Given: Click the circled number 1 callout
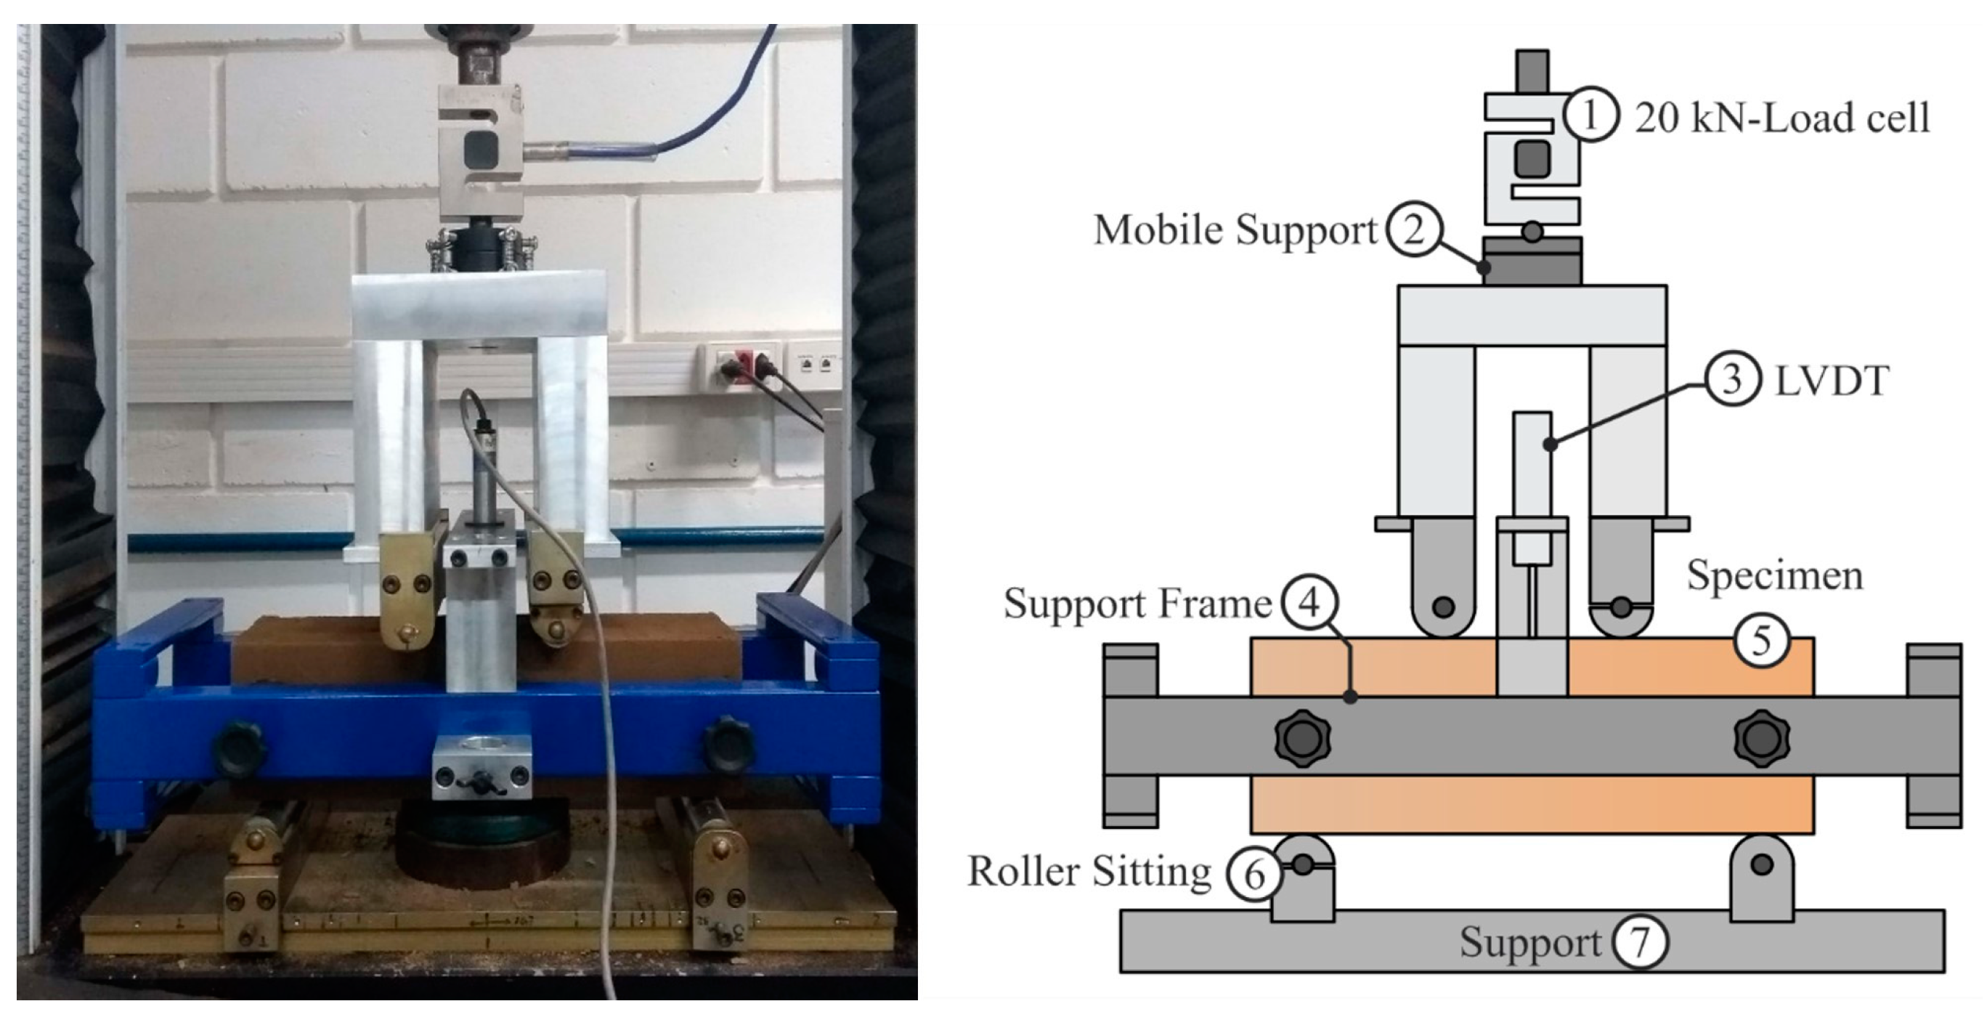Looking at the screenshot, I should click(x=1590, y=116).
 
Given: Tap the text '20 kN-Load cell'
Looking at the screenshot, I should click(x=1781, y=118).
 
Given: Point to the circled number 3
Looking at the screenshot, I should click(x=1731, y=381).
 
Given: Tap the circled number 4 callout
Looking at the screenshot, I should click(x=1309, y=602).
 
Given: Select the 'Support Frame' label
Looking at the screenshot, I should click(x=1137, y=604).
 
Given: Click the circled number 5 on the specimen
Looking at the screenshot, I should click(x=1762, y=641).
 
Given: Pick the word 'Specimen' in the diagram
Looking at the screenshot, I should click(x=1774, y=575).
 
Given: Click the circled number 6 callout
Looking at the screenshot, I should click(x=1254, y=873).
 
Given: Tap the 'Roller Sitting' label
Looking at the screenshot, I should click(x=1089, y=872).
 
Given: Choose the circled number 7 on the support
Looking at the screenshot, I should click(x=1640, y=941).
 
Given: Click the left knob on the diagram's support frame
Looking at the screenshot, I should click(x=1303, y=739).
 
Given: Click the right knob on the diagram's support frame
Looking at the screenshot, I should click(x=1762, y=739).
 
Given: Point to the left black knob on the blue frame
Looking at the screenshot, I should click(x=239, y=746).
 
